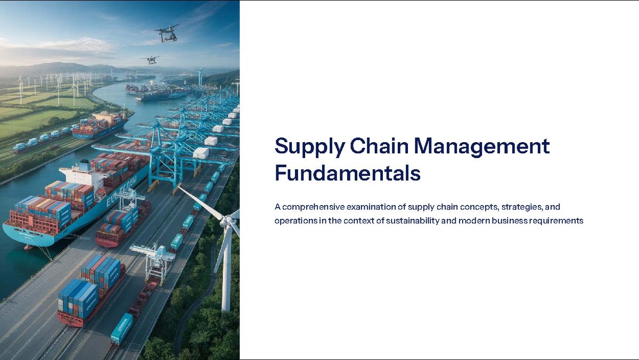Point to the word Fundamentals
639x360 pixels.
[347, 174]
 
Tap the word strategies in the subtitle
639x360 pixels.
[519, 207]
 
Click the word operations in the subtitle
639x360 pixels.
[294, 220]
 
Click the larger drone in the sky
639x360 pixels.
[167, 34]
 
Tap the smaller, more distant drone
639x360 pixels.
[150, 60]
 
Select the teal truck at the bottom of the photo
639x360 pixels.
[122, 328]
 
